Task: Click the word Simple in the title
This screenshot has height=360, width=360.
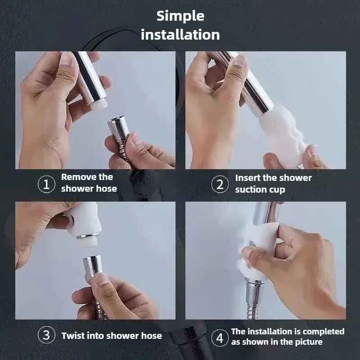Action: pyautogui.click(x=180, y=17)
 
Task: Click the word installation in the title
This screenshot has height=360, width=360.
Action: pyautogui.click(x=180, y=35)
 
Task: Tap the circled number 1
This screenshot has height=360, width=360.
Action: pyautogui.click(x=46, y=184)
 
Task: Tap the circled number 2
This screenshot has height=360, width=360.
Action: pyautogui.click(x=220, y=184)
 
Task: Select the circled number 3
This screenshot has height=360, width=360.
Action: pyautogui.click(x=46, y=335)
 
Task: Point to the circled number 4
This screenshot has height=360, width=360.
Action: pyautogui.click(x=220, y=338)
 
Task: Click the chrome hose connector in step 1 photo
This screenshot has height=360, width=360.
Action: pyautogui.click(x=118, y=129)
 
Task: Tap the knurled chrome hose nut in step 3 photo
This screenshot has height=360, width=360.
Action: pyautogui.click(x=93, y=266)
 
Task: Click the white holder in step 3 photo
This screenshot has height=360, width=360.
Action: pyautogui.click(x=84, y=220)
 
